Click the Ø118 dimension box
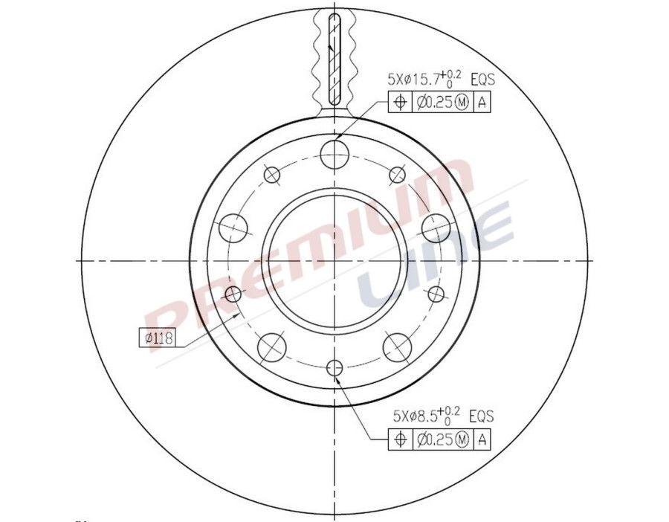(156, 338)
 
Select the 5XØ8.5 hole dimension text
(415, 416)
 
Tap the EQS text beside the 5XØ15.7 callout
(482, 78)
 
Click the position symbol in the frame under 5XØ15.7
(400, 103)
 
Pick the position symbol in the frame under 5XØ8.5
(400, 440)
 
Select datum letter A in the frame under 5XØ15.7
(482, 103)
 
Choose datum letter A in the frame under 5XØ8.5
(482, 440)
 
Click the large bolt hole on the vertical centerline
(334, 154)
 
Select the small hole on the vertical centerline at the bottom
(334, 367)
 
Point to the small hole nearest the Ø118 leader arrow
(233, 293)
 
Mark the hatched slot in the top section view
(334, 59)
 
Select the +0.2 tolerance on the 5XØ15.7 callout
(450, 73)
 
